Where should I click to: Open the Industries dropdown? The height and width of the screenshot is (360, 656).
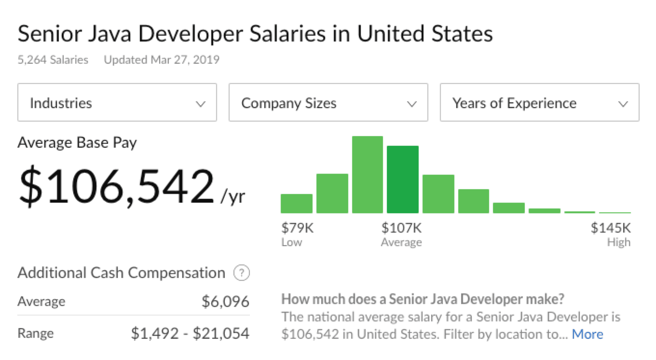117,103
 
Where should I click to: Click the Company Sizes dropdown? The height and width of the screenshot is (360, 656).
328,103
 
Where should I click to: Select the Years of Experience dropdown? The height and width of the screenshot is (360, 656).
539,103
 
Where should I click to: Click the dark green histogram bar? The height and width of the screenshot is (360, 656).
403,180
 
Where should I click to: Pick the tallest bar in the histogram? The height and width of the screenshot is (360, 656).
368,175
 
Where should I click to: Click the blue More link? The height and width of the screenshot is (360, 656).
587,334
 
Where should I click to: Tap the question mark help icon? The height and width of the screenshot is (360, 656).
241,273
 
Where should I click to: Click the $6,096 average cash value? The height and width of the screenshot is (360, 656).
225,302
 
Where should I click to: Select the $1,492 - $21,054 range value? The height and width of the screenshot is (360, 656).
190,333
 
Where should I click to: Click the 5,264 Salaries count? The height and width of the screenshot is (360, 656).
53,60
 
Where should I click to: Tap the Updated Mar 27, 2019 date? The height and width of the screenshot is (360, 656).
162,60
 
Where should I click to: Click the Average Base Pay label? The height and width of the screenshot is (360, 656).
77,143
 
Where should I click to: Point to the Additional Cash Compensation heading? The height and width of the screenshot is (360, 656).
121,273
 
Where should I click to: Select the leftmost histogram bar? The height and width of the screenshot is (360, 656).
297,203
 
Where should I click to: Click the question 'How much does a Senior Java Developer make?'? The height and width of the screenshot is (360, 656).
423,299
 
